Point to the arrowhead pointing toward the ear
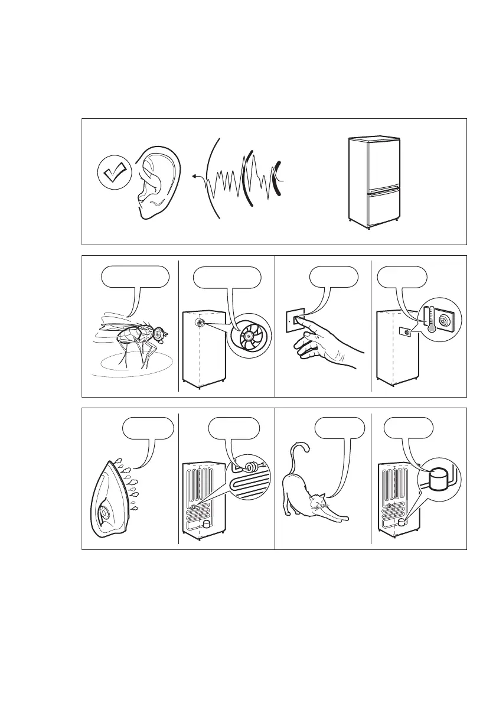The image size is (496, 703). click(194, 175)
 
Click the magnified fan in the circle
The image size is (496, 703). click(248, 335)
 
